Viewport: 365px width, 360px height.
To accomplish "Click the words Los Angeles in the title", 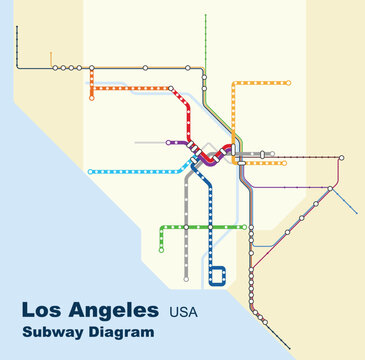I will pyautogui.click(x=89, y=310).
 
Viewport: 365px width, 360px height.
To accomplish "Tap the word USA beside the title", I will pyautogui.click(x=183, y=312).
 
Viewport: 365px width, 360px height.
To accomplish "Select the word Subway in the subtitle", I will pyautogui.click(x=56, y=332).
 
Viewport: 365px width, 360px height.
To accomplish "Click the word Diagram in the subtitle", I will pyautogui.click(x=124, y=332).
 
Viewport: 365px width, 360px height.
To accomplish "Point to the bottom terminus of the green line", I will pyautogui.click(x=161, y=250).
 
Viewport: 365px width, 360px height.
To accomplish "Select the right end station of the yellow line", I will pyautogui.click(x=290, y=82).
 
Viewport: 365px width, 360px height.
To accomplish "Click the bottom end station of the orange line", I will pyautogui.click(x=91, y=98).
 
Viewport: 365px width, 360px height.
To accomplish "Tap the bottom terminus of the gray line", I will pyautogui.click(x=186, y=279).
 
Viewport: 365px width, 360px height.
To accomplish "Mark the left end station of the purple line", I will pyautogui.click(x=169, y=142).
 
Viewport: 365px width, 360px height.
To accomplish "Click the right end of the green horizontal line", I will pyautogui.click(x=244, y=227).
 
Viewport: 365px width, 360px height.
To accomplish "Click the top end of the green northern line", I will pyautogui.click(x=206, y=17).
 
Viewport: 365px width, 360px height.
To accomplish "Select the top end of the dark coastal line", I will pyautogui.click(x=17, y=28).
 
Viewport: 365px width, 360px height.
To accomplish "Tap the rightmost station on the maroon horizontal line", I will pyautogui.click(x=341, y=158).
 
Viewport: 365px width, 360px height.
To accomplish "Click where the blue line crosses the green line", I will pyautogui.click(x=211, y=227).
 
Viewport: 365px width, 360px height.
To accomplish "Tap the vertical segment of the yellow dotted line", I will pyautogui.click(x=233, y=110).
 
